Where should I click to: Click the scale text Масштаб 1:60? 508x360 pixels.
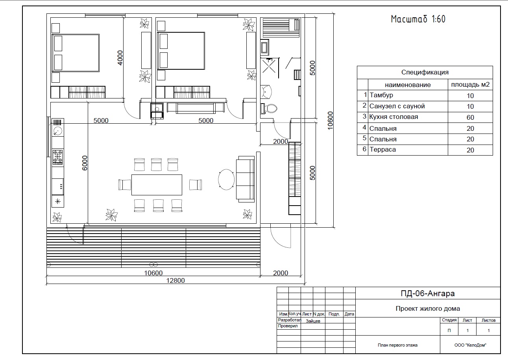tap(418, 19)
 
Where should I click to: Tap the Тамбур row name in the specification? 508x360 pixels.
tap(381, 95)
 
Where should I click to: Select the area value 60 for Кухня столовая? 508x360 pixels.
tap(470, 118)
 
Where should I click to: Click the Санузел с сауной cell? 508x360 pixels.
tap(397, 106)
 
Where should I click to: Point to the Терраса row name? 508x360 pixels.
tap(382, 150)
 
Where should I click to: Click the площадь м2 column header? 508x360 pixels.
tap(470, 85)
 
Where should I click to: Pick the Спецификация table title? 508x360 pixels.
tap(425, 72)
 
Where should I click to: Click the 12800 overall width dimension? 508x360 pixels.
tap(175, 280)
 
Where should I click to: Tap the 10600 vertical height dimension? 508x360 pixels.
tap(330, 121)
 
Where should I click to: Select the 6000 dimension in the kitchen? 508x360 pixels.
tap(85, 163)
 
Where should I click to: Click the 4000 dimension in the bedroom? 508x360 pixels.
tap(120, 58)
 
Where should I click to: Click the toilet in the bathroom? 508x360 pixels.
tap(269, 108)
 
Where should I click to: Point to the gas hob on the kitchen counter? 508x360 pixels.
tap(57, 157)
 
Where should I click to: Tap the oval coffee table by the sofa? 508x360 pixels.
tap(226, 179)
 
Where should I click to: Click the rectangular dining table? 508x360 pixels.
tap(157, 185)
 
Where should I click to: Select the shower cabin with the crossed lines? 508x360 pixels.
tap(269, 66)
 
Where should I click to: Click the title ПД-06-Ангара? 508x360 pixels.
tap(427, 293)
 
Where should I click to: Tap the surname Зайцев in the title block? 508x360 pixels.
tap(313, 321)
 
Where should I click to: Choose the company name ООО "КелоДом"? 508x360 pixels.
tap(470, 345)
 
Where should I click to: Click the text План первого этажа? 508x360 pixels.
tap(397, 345)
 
